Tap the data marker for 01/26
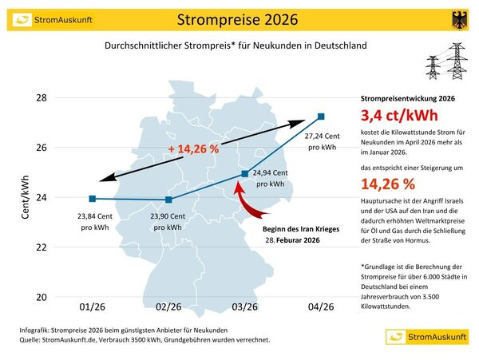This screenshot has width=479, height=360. point(93,199)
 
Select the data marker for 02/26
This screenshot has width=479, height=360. point(168,200)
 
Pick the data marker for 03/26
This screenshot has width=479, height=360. point(244,173)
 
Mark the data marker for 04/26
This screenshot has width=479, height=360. point(321,117)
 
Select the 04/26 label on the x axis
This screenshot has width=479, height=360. point(321,307)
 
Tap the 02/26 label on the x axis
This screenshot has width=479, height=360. point(168,307)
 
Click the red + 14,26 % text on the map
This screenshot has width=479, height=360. point(194,148)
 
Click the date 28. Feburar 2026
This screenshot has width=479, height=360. point(293,239)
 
